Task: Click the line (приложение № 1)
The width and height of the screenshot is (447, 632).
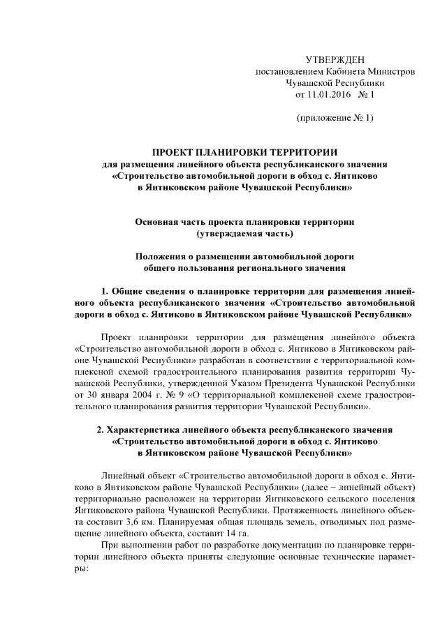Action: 336,118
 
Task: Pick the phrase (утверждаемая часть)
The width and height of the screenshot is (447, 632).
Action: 245,233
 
